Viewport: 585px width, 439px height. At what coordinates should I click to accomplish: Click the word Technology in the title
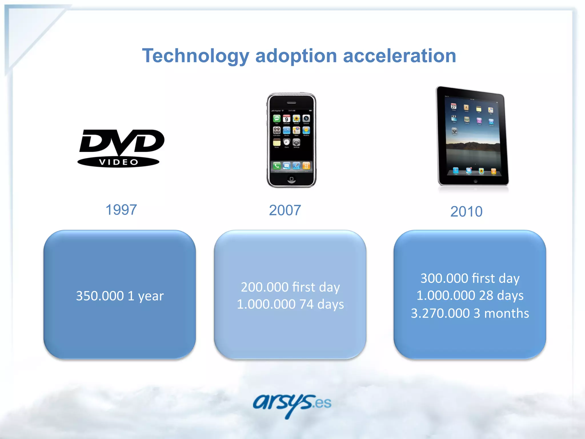coord(196,56)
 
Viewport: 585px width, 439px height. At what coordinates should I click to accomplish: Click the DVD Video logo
coord(121,148)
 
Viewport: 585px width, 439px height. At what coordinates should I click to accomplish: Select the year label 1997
coord(121,210)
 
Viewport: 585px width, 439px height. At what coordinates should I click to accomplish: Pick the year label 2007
coord(285,210)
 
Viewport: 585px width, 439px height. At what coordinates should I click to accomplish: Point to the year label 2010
coord(466,212)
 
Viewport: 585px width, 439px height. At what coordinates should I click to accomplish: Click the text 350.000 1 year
coord(120,296)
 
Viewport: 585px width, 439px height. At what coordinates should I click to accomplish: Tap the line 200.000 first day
coord(290,287)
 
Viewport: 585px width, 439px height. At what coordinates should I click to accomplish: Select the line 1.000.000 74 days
coord(290,304)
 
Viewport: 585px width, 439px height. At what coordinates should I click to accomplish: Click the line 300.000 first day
coord(470,278)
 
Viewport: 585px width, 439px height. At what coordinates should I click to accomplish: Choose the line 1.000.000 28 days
coord(470,295)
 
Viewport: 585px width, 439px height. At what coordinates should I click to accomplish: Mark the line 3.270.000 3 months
coord(470,313)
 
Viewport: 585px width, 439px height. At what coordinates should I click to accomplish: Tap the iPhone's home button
coord(291,179)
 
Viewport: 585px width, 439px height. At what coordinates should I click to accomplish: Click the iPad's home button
coord(475,181)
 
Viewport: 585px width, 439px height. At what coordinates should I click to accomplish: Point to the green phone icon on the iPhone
coord(277,165)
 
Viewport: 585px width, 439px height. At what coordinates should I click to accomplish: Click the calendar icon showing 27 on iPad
coord(454,106)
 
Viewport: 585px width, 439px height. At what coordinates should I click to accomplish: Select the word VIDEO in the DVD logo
coord(118,162)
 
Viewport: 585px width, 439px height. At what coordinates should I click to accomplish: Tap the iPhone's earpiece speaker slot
coord(291,103)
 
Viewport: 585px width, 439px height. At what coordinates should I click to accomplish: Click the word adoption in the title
coord(296,56)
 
